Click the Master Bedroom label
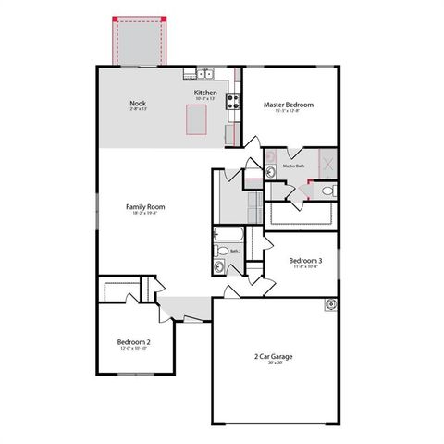click(x=288, y=105)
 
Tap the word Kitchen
click(x=205, y=92)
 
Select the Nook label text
click(x=138, y=103)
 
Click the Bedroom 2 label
click(x=133, y=341)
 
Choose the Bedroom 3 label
click(x=305, y=261)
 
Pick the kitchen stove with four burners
click(x=233, y=101)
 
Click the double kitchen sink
click(x=205, y=74)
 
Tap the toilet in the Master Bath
click(x=327, y=191)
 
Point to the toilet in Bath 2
click(x=223, y=250)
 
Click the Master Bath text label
click(x=294, y=166)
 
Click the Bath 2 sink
click(x=219, y=267)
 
